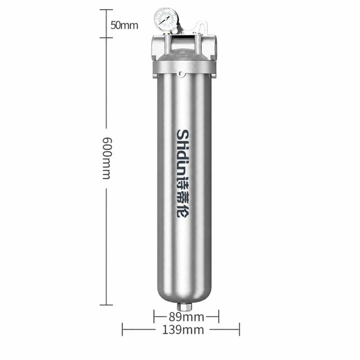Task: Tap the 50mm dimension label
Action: pyautogui.click(x=124, y=25)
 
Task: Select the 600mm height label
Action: pyautogui.click(x=107, y=158)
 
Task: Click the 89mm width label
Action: pyautogui.click(x=186, y=317)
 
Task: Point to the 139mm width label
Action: pyautogui.click(x=183, y=330)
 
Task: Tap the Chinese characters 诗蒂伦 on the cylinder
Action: pyautogui.click(x=182, y=197)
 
